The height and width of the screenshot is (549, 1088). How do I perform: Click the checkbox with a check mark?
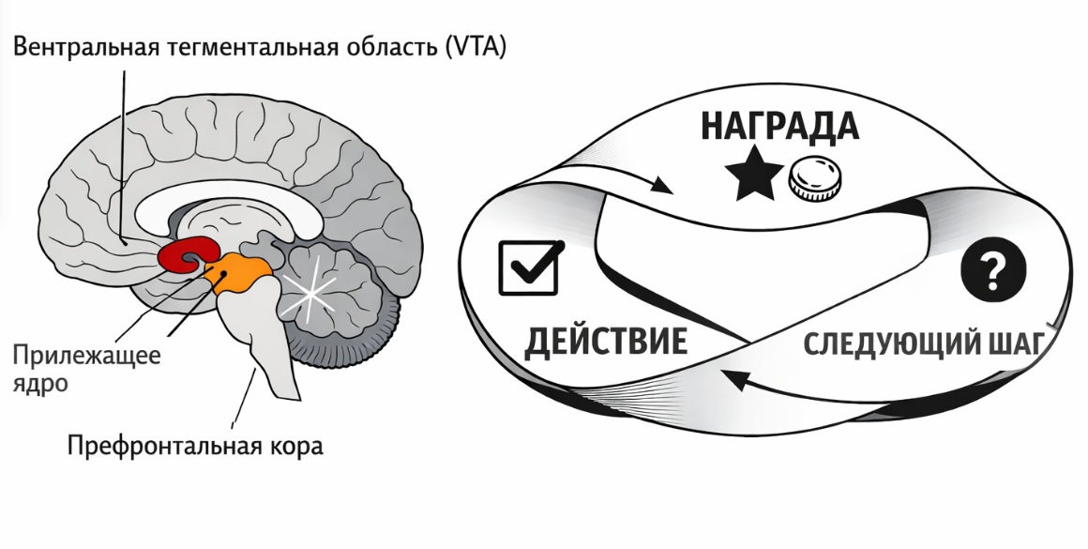[529, 267]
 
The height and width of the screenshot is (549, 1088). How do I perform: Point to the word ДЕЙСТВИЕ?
[605, 342]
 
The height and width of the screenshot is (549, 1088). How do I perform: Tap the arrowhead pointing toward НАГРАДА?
[661, 186]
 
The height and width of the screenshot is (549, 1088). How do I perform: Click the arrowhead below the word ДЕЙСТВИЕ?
[734, 381]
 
